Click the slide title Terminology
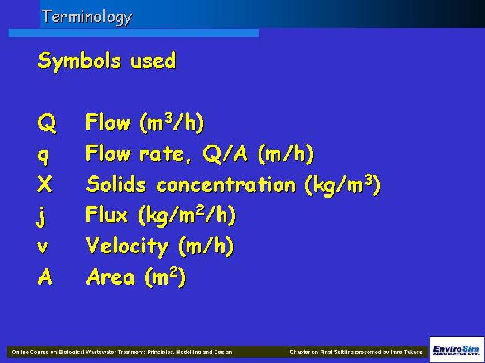[x=87, y=17]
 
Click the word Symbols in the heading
[x=79, y=61]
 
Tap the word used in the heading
[x=153, y=60]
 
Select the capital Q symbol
[x=47, y=123]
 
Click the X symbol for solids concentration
[x=45, y=184]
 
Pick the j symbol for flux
[x=41, y=216]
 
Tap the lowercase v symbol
[x=43, y=247]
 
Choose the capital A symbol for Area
[x=45, y=277]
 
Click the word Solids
[x=116, y=184]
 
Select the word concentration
[x=226, y=185]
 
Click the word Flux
[x=107, y=215]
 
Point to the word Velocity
[x=127, y=246]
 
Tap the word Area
[x=110, y=276]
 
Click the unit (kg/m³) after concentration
[x=343, y=186]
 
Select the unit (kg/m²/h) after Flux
[x=187, y=216]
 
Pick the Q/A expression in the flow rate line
[x=225, y=154]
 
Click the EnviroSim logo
[x=457, y=350]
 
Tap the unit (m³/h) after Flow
[x=172, y=123]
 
